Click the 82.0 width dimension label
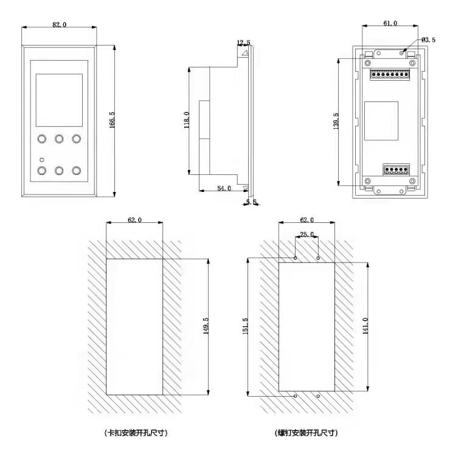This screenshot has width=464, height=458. [x=59, y=24]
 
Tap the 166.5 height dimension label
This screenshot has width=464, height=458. [x=112, y=120]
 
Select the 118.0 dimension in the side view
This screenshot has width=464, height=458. [x=187, y=120]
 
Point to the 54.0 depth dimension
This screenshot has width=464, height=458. [x=224, y=188]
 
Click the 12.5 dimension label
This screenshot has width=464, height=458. [x=243, y=43]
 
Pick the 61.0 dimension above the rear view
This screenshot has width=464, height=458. [x=390, y=23]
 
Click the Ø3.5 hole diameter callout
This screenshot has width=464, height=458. [x=428, y=40]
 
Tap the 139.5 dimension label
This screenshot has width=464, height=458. [x=336, y=121]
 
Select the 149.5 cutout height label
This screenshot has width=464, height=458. [x=206, y=326]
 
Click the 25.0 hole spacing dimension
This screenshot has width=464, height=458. [x=306, y=234]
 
